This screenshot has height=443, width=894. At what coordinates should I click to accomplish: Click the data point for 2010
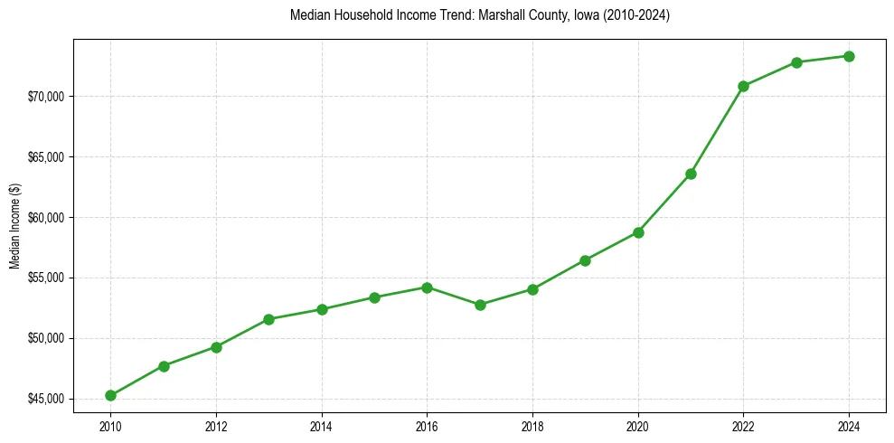click(110, 395)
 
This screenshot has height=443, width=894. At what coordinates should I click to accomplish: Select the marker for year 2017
click(480, 305)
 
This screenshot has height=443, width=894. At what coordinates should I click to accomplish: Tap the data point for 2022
click(743, 86)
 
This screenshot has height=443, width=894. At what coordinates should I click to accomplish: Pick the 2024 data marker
click(849, 56)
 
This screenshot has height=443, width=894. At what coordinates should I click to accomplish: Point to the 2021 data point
click(691, 174)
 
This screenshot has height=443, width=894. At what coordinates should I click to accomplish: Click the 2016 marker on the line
click(427, 287)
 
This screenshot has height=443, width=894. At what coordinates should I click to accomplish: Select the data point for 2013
click(268, 319)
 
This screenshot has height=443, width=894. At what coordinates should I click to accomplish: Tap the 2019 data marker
click(585, 260)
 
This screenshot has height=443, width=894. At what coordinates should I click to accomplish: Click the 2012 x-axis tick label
click(216, 426)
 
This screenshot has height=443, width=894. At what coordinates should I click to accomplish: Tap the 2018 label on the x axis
click(532, 426)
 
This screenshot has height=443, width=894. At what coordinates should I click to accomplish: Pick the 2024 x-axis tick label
click(849, 426)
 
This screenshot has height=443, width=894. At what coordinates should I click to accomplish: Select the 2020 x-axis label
click(638, 426)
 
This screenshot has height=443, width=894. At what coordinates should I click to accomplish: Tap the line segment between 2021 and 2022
click(717, 130)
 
